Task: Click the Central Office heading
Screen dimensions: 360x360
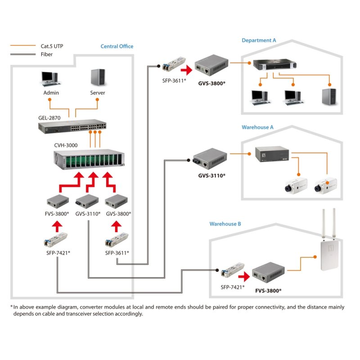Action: pyautogui.click(x=117, y=46)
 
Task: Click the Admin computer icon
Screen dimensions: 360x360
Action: pyautogui.click(x=49, y=79)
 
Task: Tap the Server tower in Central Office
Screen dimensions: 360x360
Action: pyautogui.click(x=98, y=78)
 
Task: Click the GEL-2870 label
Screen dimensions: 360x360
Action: pyautogui.click(x=49, y=117)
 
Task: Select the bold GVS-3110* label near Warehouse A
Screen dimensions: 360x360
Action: pyautogui.click(x=212, y=175)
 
